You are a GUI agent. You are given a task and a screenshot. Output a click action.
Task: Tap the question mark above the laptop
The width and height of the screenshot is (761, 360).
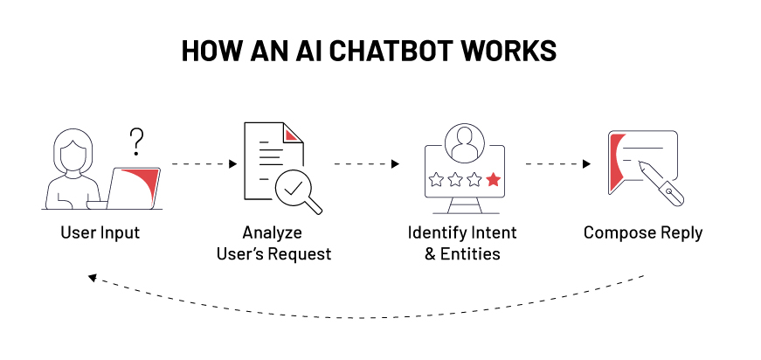[x=136, y=140]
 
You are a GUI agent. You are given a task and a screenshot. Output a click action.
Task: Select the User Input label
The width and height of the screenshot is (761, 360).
[x=100, y=233]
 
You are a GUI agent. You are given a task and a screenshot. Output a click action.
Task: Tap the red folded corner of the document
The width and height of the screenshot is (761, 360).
[x=294, y=134]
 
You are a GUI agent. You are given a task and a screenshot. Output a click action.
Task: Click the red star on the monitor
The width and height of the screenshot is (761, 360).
[x=494, y=179]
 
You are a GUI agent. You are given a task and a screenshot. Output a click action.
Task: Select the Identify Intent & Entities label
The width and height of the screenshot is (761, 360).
[x=462, y=244]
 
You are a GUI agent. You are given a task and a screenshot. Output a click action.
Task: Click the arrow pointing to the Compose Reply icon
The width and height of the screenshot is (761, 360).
[x=559, y=163]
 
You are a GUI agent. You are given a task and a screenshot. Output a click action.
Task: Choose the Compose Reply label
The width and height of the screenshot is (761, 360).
[x=643, y=233]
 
